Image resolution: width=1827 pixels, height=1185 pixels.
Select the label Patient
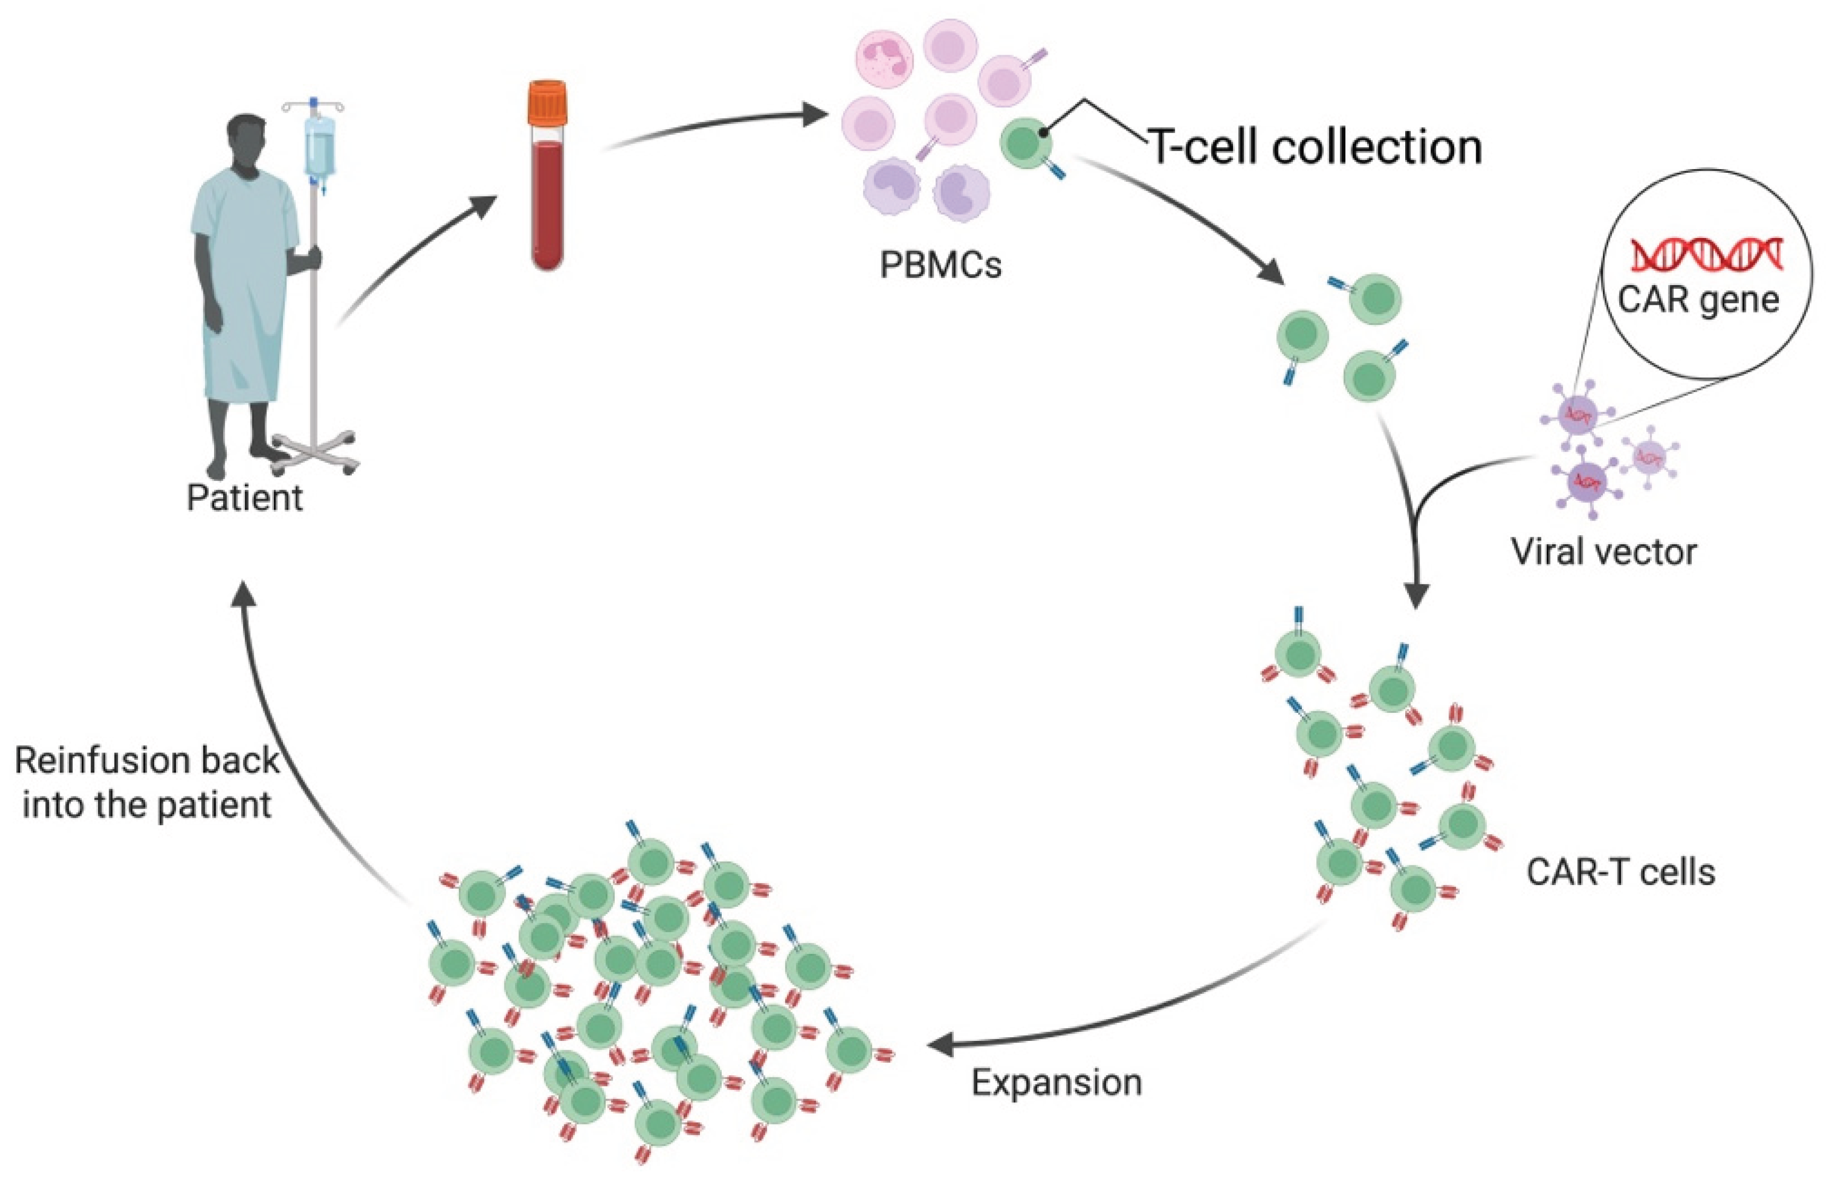[244, 498]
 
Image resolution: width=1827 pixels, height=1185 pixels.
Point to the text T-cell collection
[1314, 147]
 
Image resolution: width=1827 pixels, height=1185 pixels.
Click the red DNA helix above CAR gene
[1706, 254]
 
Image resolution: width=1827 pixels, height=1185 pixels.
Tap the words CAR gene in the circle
[1698, 299]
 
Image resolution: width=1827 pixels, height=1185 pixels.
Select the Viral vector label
[1603, 551]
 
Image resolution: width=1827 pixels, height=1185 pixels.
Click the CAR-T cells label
[1620, 872]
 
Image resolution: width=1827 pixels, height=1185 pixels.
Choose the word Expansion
[1056, 1082]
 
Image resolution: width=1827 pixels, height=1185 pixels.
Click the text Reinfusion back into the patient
[146, 783]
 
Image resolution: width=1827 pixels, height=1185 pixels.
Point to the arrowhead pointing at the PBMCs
[815, 117]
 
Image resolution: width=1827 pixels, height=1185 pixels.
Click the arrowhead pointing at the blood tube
[481, 206]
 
